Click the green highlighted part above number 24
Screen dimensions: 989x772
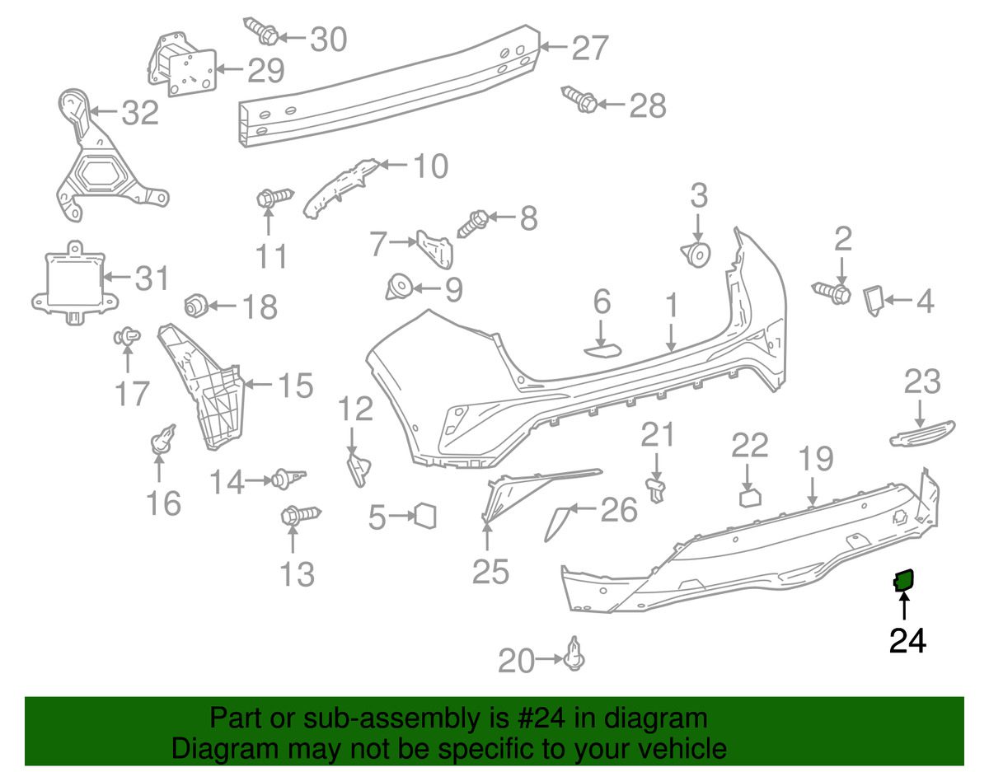[903, 581]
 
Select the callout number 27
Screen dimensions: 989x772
[590, 48]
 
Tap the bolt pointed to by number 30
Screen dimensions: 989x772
[260, 30]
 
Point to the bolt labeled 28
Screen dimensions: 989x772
[579, 100]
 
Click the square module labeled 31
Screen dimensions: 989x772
[75, 283]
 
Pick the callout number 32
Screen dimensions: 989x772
[140, 112]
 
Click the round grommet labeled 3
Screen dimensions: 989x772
[696, 255]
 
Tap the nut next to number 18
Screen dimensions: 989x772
[197, 306]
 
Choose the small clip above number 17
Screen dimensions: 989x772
[127, 337]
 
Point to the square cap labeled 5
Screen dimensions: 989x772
[425, 516]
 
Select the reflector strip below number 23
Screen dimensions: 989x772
[922, 434]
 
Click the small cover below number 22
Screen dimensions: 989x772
[750, 498]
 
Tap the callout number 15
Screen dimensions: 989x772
[296, 385]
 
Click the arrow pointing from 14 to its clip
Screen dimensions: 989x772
[259, 480]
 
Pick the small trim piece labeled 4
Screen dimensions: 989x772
[874, 301]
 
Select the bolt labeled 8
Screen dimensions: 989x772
[473, 223]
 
